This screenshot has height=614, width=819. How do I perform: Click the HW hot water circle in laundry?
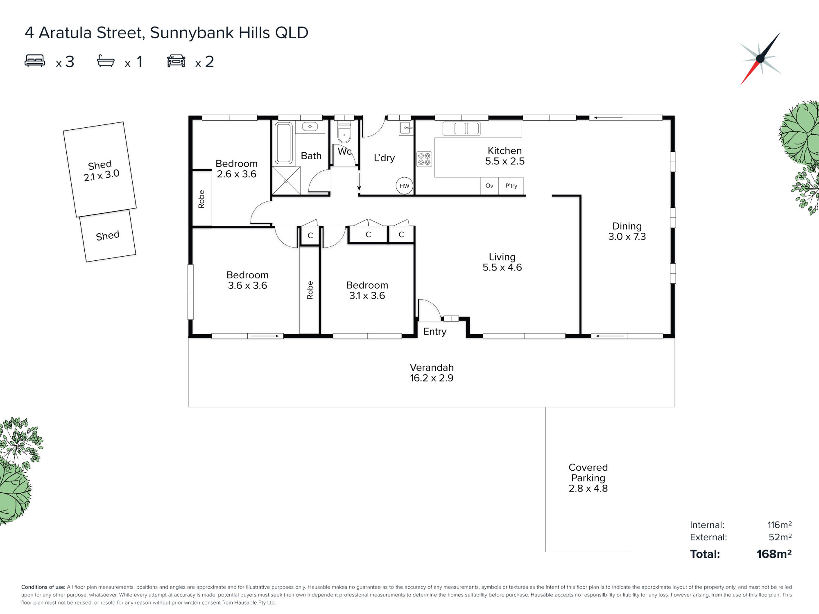tap(404, 186)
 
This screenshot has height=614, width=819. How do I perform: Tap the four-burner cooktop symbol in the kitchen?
tap(424, 159)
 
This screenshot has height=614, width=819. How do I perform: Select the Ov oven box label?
tap(489, 186)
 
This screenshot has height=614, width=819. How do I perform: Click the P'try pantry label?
tap(511, 186)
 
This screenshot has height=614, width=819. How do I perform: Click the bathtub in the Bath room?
tap(284, 143)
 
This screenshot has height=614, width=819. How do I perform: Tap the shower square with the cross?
tap(286, 181)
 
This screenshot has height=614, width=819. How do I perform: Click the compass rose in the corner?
tap(760, 58)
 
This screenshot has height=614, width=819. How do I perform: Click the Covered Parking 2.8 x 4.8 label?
tap(588, 478)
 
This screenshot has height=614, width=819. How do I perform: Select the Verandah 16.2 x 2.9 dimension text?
tap(431, 378)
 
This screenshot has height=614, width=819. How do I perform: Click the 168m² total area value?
tap(774, 554)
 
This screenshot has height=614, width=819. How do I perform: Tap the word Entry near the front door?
tap(435, 332)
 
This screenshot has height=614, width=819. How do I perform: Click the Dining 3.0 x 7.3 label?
tap(627, 231)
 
